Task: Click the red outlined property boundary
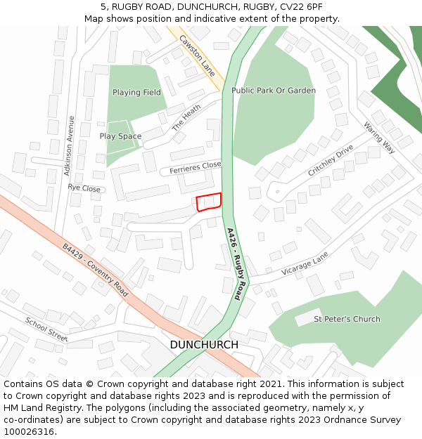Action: (209, 202)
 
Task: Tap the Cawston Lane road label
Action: (197, 55)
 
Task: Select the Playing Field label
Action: (136, 93)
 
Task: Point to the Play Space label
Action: (120, 136)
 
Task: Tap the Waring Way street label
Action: (379, 137)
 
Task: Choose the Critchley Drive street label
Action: (330, 162)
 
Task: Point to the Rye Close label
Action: (84, 188)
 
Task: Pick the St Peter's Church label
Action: (347, 319)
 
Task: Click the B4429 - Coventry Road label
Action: (95, 270)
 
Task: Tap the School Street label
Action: (46, 329)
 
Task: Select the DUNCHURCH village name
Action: (204, 345)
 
